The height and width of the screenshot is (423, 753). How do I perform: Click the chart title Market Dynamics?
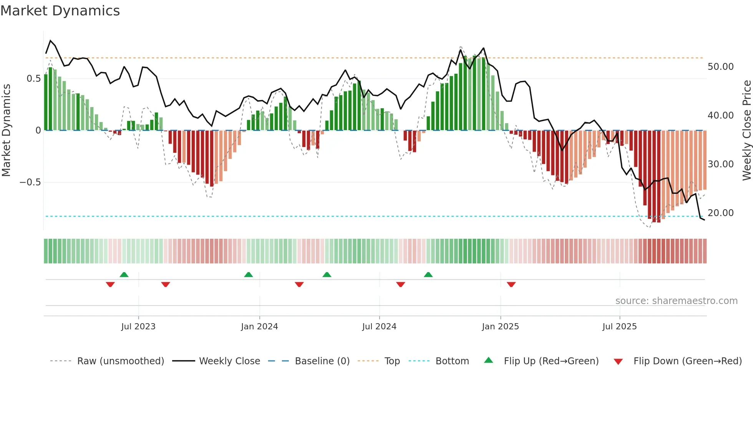(x=60, y=11)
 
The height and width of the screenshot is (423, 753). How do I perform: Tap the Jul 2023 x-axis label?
(x=138, y=327)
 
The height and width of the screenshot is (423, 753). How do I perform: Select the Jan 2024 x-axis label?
(x=259, y=327)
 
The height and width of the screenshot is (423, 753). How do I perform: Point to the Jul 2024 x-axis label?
(x=379, y=327)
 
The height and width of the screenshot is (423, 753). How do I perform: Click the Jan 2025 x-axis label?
(x=500, y=327)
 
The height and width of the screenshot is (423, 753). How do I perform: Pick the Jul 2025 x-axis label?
(x=619, y=327)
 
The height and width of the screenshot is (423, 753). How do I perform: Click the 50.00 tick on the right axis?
(x=720, y=67)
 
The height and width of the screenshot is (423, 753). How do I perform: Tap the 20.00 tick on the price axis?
(x=720, y=213)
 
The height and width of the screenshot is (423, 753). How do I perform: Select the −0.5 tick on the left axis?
(x=30, y=182)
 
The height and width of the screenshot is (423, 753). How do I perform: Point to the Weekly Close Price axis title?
(x=746, y=131)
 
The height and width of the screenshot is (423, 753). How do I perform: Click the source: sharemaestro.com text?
(x=676, y=301)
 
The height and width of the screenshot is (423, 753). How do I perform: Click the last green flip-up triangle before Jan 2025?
(x=428, y=274)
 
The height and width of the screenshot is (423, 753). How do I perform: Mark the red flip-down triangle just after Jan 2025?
(x=511, y=284)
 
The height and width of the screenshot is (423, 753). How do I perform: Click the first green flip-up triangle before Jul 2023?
(x=124, y=274)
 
